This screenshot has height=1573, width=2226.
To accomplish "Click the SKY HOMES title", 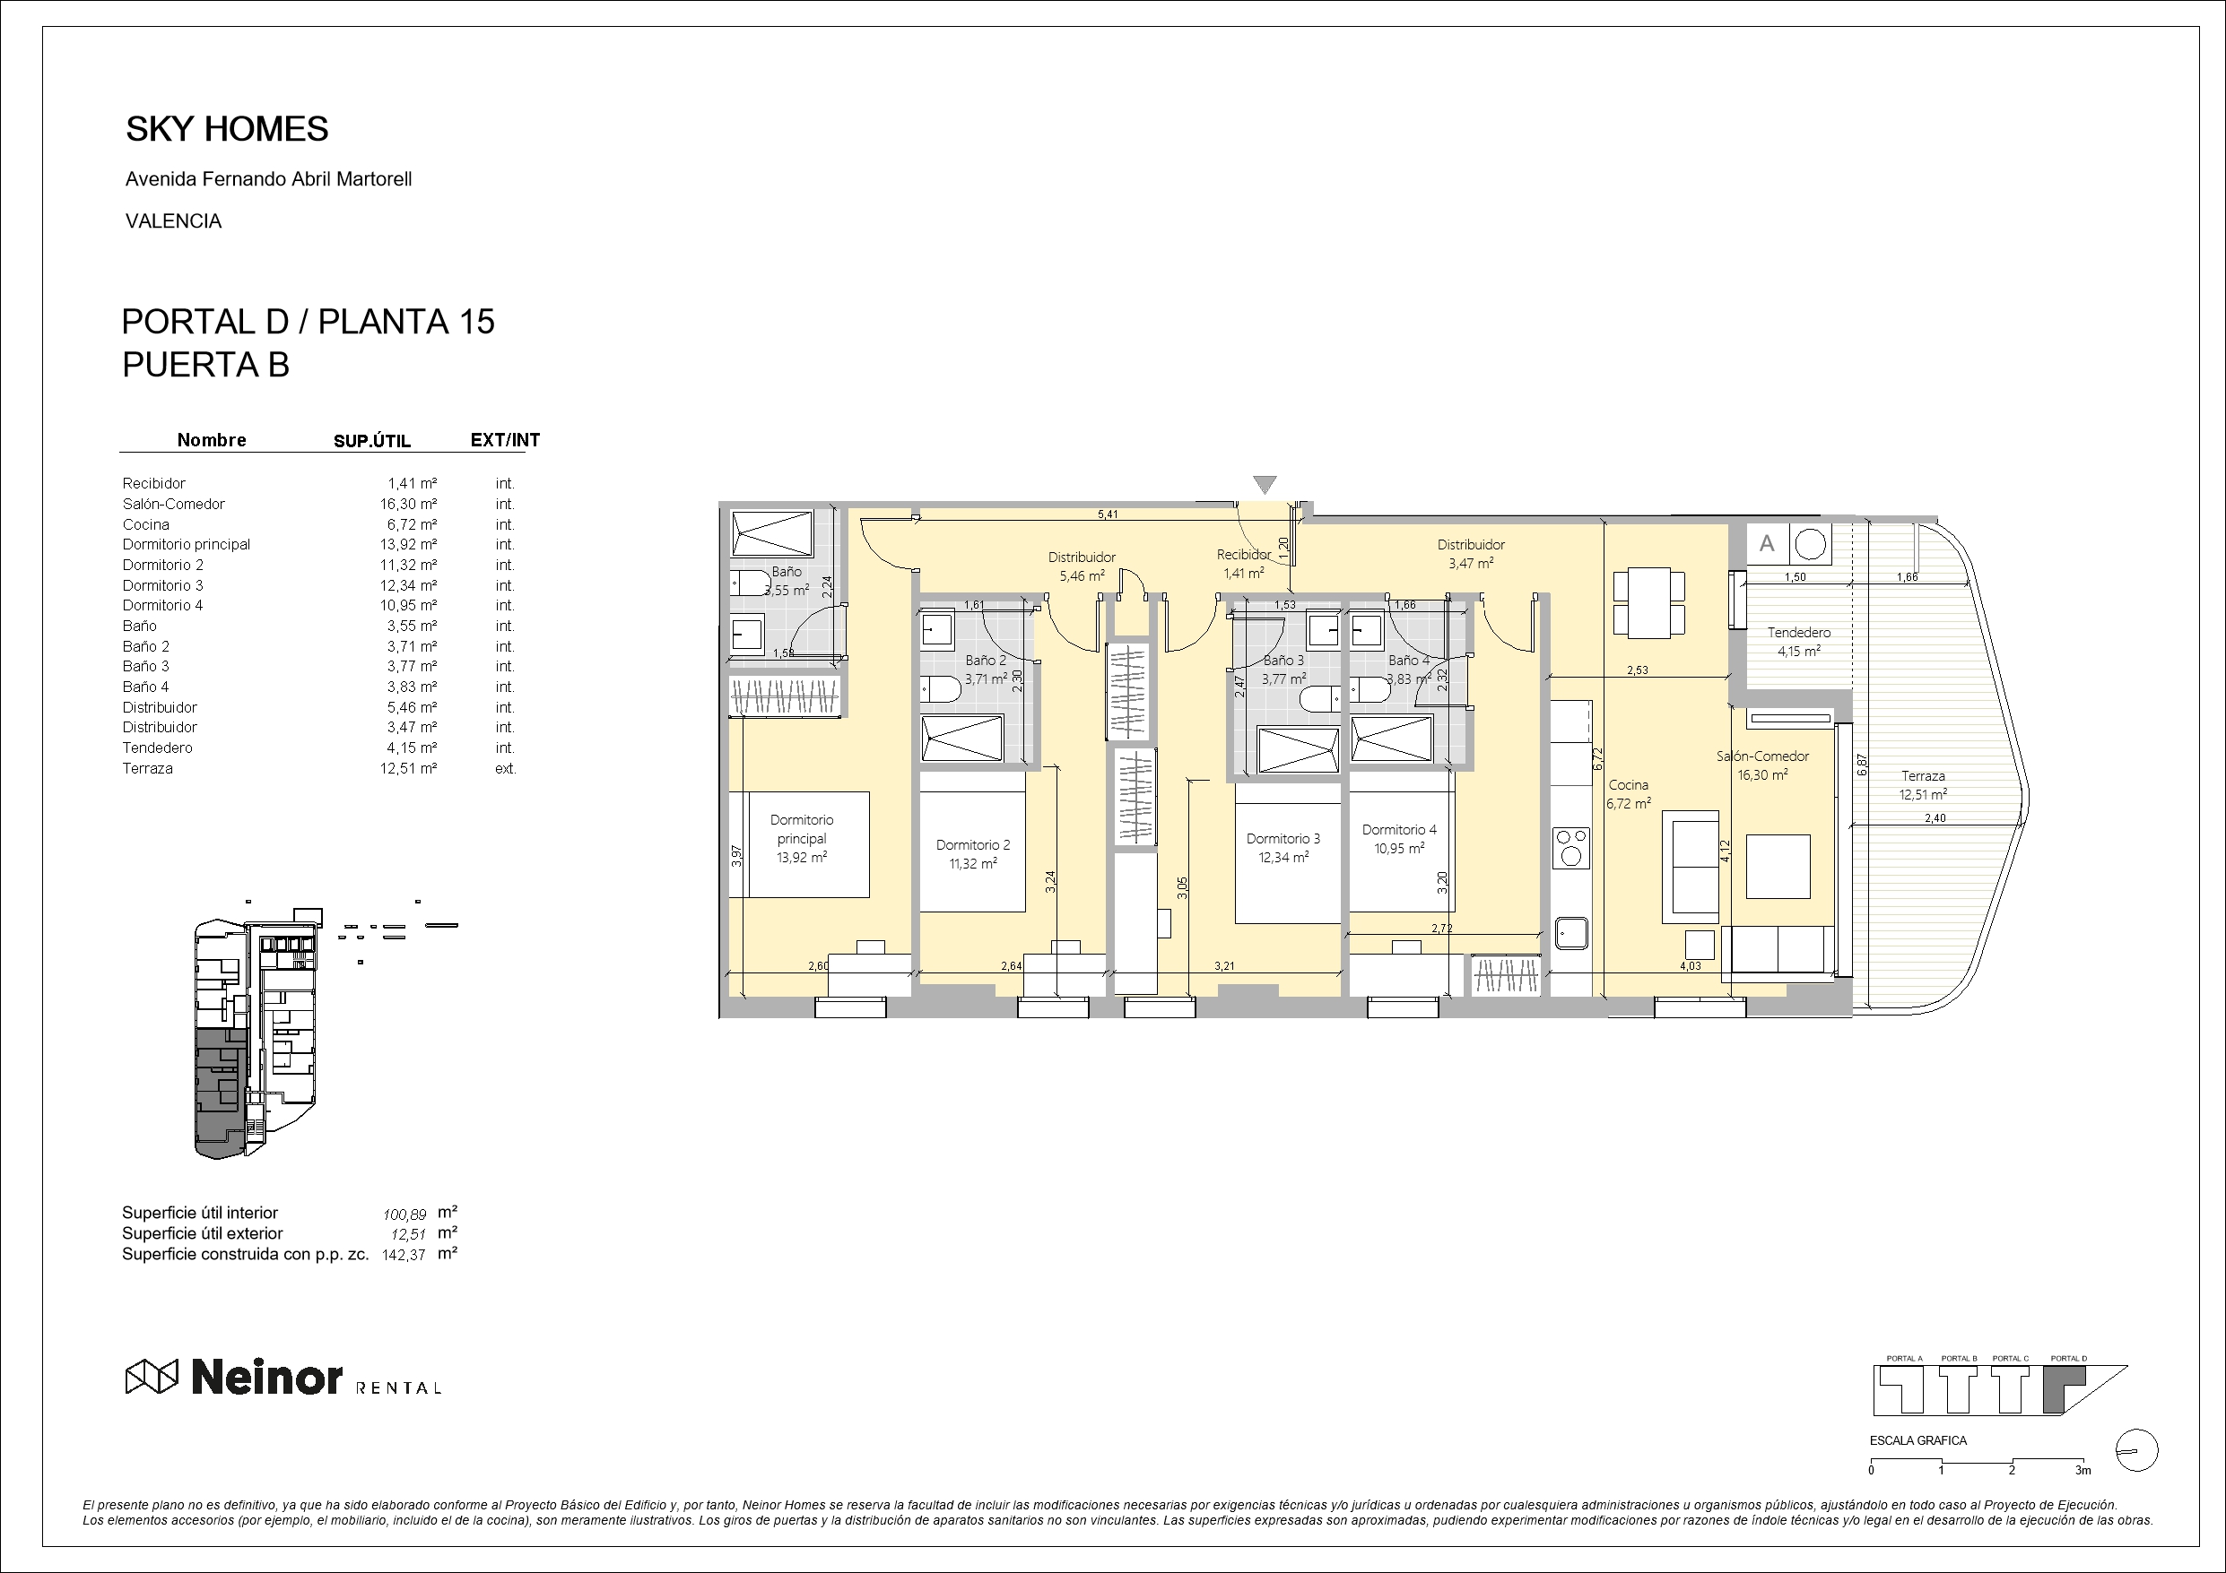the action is [x=227, y=129].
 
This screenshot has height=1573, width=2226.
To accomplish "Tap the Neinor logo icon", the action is [x=152, y=1376].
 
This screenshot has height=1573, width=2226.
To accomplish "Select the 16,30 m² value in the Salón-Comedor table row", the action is [x=408, y=504].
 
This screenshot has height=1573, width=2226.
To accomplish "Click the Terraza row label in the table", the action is [x=147, y=768].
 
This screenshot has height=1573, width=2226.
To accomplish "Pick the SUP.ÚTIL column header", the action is [x=372, y=441].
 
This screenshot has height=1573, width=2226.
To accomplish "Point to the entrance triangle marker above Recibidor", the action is [x=1265, y=485].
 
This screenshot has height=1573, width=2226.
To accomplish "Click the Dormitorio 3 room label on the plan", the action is [x=1283, y=838].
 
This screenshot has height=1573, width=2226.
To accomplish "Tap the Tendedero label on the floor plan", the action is [x=1798, y=632].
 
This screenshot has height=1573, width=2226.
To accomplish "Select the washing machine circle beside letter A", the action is [x=1810, y=545].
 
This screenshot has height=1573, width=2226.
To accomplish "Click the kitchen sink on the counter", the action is [x=1570, y=933].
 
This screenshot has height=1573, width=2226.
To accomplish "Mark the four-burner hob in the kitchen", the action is [x=1570, y=847].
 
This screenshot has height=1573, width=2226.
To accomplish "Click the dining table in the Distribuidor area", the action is [x=1648, y=603].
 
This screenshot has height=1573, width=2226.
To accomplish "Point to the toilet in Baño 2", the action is [x=941, y=689].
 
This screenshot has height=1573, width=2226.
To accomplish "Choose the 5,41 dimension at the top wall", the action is [x=1108, y=514].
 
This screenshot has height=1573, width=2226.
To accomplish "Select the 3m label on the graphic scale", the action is [x=2083, y=1470].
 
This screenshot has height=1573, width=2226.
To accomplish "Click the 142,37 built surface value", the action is [x=404, y=1254].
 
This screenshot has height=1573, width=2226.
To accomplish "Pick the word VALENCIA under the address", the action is [x=174, y=221].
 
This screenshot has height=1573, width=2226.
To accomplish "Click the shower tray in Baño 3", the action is [x=1298, y=749].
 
